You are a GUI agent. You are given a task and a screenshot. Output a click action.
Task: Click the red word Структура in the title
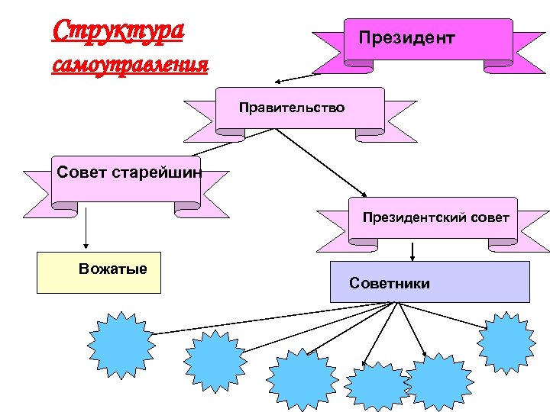pyautogui.click(x=118, y=31)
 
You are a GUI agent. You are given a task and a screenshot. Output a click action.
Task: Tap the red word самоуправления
pyautogui.click(x=130, y=64)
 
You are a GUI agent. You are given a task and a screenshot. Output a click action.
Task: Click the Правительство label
pyautogui.click(x=291, y=108)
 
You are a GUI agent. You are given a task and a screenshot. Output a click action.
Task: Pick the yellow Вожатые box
pyautogui.click(x=99, y=272)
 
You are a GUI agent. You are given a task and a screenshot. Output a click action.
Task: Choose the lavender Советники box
pyautogui.click(x=429, y=283)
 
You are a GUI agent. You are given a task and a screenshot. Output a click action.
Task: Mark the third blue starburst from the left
pyautogui.click(x=301, y=378)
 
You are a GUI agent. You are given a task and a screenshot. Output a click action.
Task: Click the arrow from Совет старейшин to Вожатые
pyautogui.click(x=85, y=229)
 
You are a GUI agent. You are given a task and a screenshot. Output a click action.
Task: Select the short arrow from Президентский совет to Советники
pyautogui.click(x=412, y=251)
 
